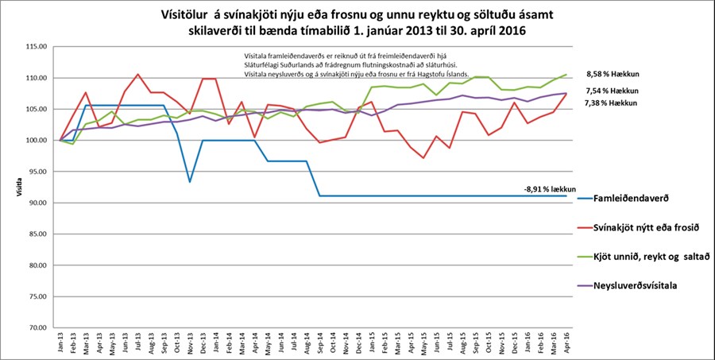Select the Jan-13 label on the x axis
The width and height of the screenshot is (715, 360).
point(60,343)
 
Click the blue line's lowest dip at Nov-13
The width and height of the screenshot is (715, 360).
point(189,182)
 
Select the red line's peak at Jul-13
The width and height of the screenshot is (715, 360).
point(137,74)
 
